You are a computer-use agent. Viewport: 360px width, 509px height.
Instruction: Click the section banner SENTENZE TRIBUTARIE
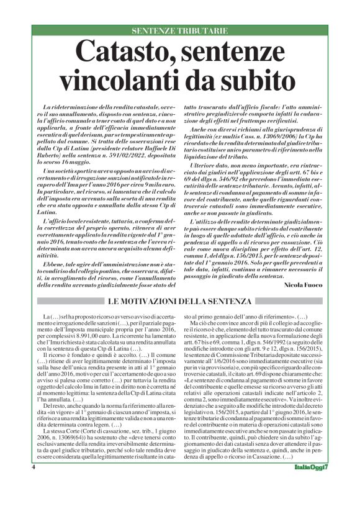pyautogui.click(x=180, y=30)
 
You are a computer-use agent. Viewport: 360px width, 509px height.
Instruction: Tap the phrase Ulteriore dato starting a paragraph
pyautogui.click(x=212, y=168)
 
